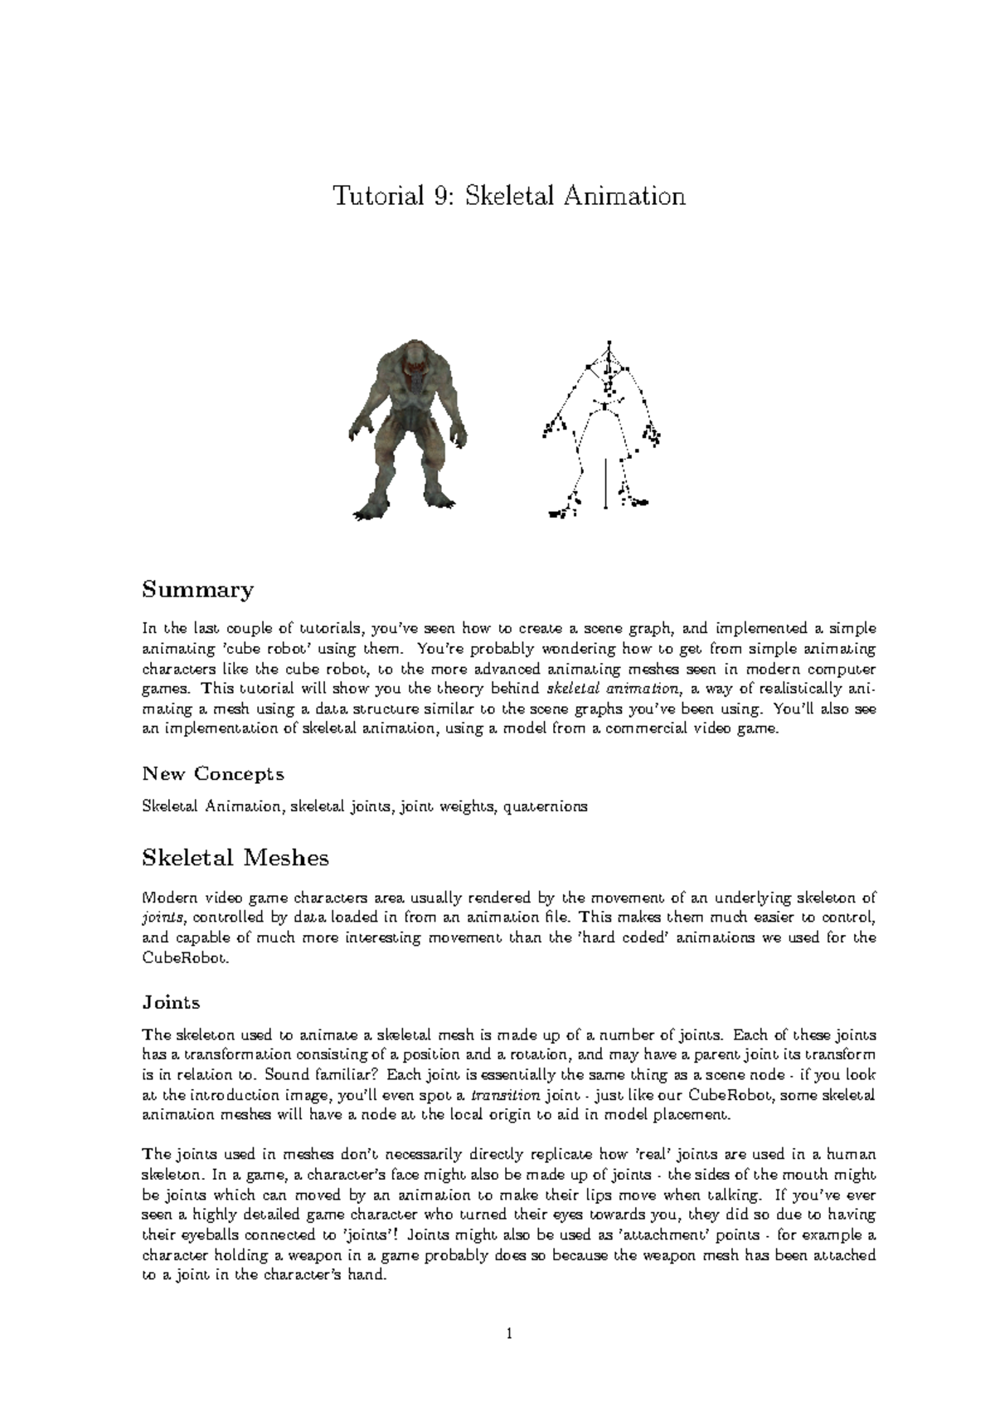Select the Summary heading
click(197, 590)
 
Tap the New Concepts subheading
click(213, 774)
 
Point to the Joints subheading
click(171, 1002)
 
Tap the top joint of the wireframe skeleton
click(609, 342)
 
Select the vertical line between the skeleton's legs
click(606, 481)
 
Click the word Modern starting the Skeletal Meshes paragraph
click(170, 898)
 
